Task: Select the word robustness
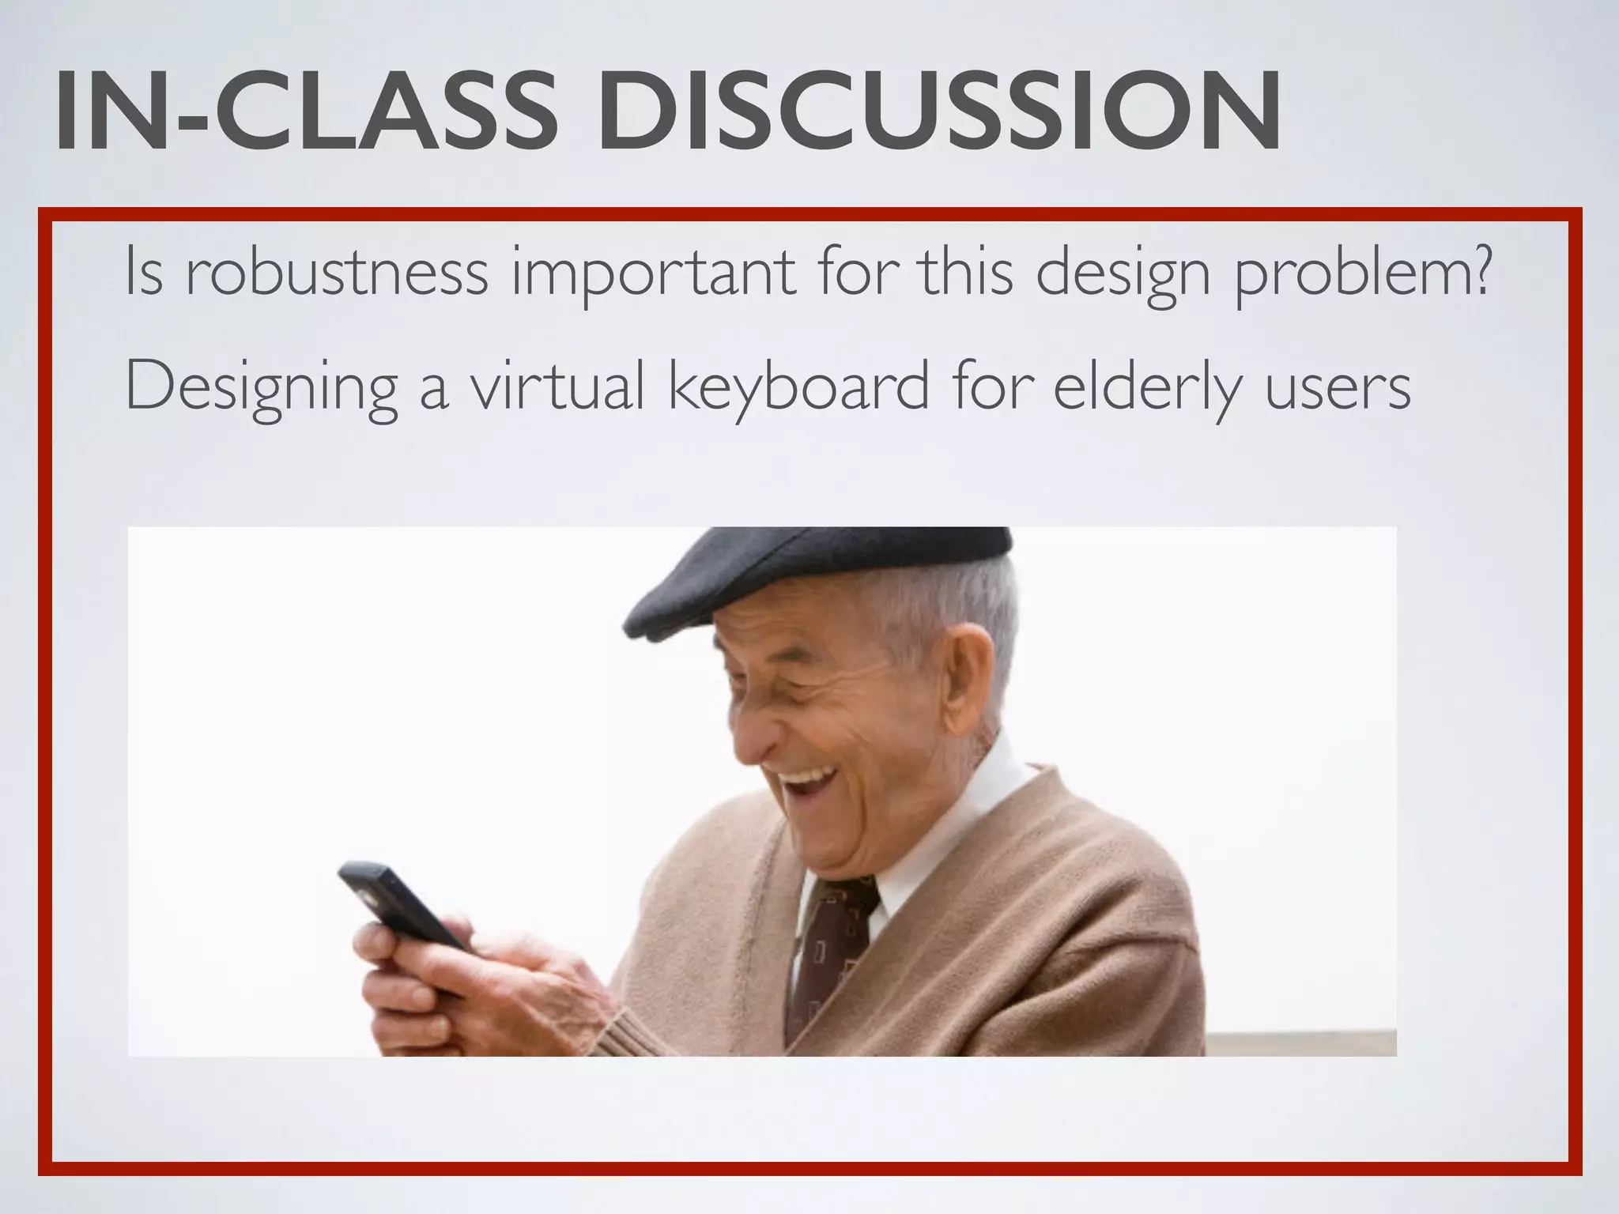pyautogui.click(x=337, y=273)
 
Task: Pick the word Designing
pyautogui.click(x=262, y=389)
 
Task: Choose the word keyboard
pyautogui.click(x=798, y=389)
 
